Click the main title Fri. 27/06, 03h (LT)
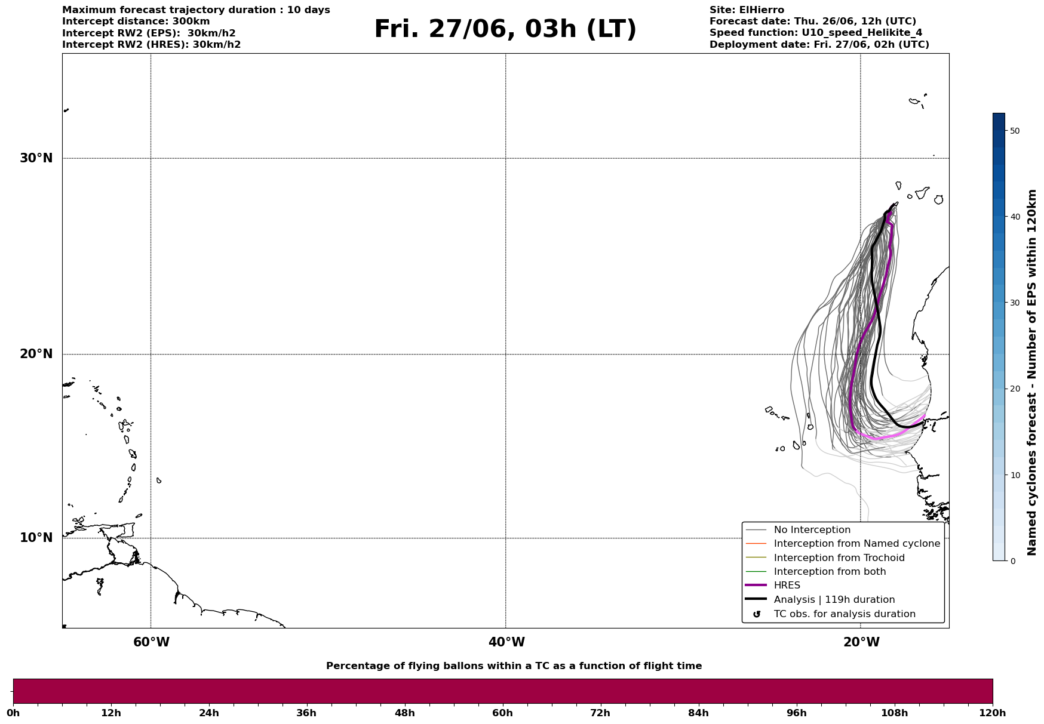click(x=505, y=29)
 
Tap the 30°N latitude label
click(x=36, y=158)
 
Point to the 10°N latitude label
click(x=36, y=538)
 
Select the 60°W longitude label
click(x=151, y=642)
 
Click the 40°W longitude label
click(x=506, y=642)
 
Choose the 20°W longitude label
click(x=861, y=642)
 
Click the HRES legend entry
click(x=787, y=586)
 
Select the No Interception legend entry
click(x=812, y=530)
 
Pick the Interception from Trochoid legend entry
click(x=839, y=558)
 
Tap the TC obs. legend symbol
click(x=756, y=614)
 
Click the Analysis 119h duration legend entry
click(x=834, y=600)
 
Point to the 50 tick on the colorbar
click(x=1014, y=131)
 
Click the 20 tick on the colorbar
click(x=1014, y=389)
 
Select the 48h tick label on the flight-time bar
click(x=404, y=713)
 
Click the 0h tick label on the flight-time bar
click(x=13, y=713)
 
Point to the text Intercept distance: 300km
click(x=136, y=21)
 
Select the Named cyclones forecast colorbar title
click(x=1031, y=372)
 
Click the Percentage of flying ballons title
click(x=514, y=666)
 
